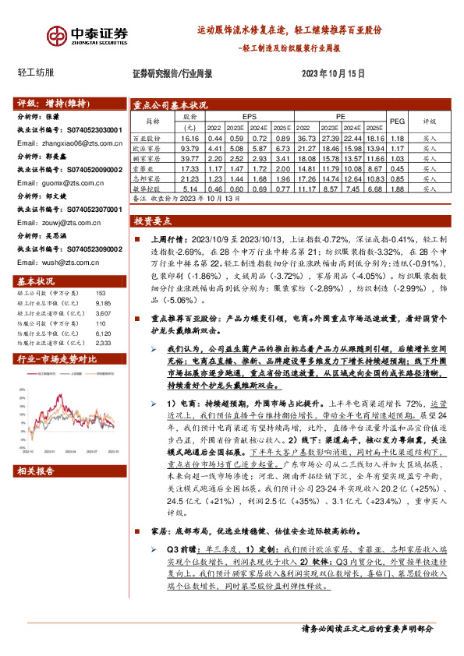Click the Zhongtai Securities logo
87,35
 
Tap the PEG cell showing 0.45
397,168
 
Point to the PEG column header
397,122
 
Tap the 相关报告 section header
37,470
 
